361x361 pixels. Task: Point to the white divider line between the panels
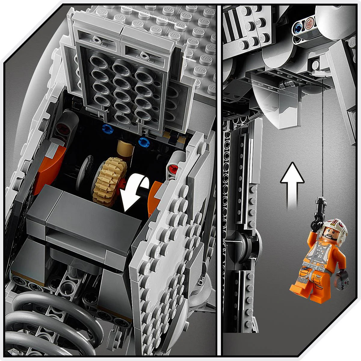point(219,180)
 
